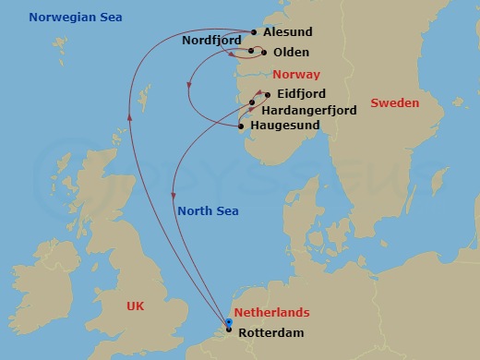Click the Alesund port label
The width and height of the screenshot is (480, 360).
tap(287, 31)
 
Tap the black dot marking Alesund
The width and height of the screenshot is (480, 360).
tap(254, 31)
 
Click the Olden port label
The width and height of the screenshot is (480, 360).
tap(291, 53)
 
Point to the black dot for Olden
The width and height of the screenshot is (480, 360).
tap(263, 53)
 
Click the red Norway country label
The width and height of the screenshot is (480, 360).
tap(297, 74)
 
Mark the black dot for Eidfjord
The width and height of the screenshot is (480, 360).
tap(268, 94)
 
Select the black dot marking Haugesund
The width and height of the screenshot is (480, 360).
tap(242, 125)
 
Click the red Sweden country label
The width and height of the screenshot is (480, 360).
tap(395, 103)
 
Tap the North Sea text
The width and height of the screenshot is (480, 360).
tap(209, 211)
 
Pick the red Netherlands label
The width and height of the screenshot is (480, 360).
tap(271, 314)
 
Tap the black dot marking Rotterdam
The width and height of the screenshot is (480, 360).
tap(230, 330)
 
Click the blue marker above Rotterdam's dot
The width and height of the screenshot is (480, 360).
tap(230, 322)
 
